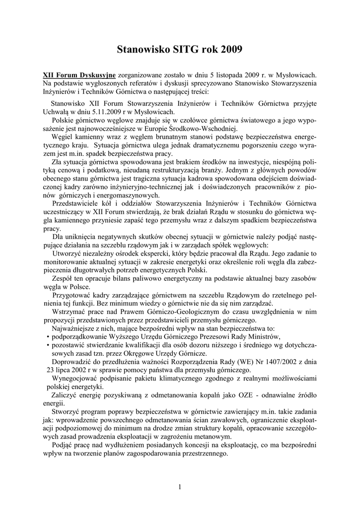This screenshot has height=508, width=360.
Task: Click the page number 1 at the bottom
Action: pos(180,487)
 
